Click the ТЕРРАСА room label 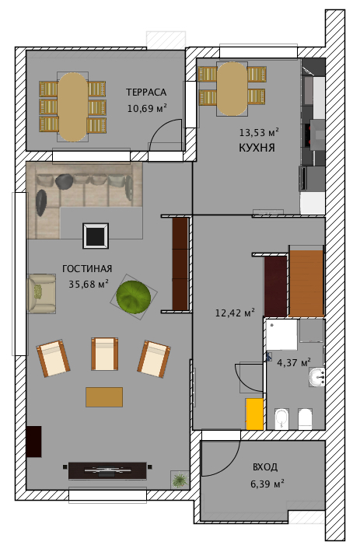(146, 93)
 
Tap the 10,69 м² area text (147, 108)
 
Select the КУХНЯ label (257, 148)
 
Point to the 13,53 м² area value (259, 132)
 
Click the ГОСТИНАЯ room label (87, 268)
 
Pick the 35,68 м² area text (89, 284)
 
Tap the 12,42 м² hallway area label (235, 313)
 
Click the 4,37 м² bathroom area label (294, 362)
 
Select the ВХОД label (265, 467)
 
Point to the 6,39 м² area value (267, 484)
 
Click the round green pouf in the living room (134, 296)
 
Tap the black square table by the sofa (96, 236)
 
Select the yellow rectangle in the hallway (254, 414)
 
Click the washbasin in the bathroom (316, 377)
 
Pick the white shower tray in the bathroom (281, 334)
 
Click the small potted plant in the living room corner (180, 480)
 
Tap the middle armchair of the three (104, 354)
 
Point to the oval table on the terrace (73, 107)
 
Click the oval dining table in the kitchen (232, 89)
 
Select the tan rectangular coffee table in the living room (104, 397)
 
